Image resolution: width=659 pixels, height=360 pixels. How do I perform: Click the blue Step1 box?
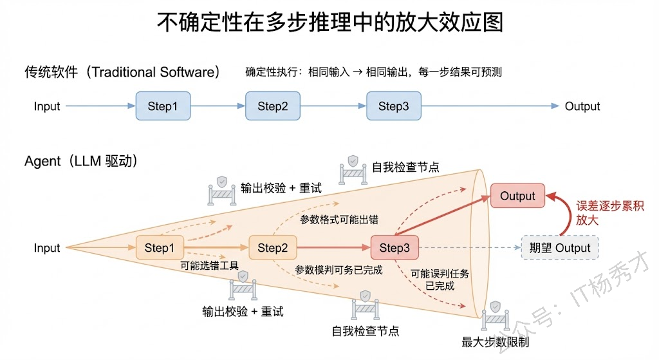coord(163,106)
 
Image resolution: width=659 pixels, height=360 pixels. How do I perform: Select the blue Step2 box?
coord(273,106)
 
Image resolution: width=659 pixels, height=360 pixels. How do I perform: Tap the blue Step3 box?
coord(393,106)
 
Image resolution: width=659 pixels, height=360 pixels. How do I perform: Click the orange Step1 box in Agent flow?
coord(160,248)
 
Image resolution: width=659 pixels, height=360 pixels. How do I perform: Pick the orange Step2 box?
coord(273,248)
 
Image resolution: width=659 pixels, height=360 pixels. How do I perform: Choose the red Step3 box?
coord(394,248)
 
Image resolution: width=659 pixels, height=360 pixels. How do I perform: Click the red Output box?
coord(517,196)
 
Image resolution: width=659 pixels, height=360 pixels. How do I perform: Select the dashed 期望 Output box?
coord(559,248)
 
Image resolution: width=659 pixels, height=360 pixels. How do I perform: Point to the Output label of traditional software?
coord(582,106)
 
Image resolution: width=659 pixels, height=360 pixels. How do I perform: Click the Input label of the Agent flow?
coord(47,248)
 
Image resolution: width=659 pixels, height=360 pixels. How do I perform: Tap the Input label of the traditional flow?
coord(47,106)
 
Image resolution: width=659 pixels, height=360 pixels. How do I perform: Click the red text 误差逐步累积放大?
coord(609,213)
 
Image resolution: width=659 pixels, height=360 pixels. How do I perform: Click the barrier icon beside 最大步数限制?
coord(496,316)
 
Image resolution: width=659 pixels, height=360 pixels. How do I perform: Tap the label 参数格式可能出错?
coord(339,220)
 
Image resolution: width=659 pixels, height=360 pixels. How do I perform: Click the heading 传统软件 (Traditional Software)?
coord(122,71)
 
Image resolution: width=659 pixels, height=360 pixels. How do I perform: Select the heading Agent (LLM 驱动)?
coord(81,161)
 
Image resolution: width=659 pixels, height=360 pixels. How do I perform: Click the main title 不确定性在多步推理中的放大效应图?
coord(329,23)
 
